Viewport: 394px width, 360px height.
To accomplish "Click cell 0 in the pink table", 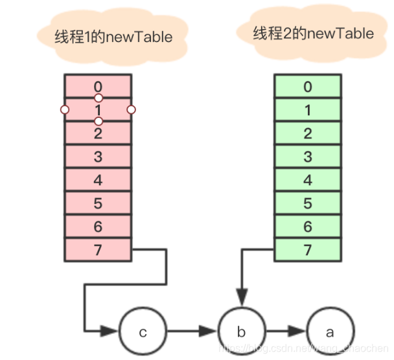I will [98, 87].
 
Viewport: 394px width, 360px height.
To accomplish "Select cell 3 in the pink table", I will [98, 157].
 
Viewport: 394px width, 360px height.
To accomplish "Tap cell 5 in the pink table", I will [98, 203].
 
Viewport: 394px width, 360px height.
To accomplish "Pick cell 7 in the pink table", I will [98, 250].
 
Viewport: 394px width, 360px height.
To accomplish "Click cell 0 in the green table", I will [308, 87].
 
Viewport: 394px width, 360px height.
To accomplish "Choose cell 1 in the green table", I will [308, 110].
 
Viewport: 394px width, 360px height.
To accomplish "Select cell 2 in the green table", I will [308, 133].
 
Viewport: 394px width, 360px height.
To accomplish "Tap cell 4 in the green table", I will [308, 180].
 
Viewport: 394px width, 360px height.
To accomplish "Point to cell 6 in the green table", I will [308, 227].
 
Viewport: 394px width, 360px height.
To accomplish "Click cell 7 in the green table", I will [308, 250].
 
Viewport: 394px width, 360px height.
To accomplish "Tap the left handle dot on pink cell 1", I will [64, 110].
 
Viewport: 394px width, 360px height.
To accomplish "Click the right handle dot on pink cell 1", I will [131, 110].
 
